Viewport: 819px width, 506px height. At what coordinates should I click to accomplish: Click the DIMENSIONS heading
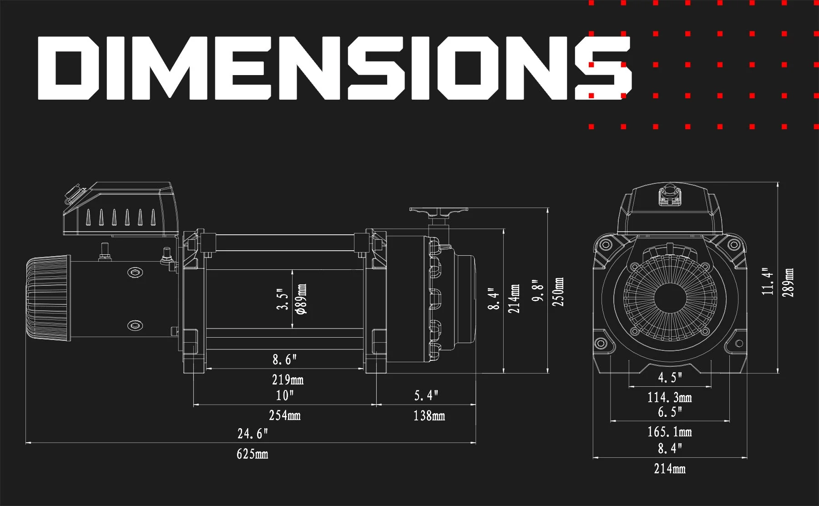[x=334, y=68]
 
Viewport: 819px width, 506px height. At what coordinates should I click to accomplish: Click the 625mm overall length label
[x=253, y=454]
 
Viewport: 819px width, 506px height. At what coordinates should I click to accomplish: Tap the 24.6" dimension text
[x=253, y=433]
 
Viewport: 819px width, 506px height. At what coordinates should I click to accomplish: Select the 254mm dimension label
[x=285, y=415]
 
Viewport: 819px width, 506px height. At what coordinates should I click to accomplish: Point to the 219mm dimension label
[x=288, y=379]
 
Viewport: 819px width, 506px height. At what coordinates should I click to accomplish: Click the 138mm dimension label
[x=429, y=415]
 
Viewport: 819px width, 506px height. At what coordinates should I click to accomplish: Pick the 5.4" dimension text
[x=426, y=395]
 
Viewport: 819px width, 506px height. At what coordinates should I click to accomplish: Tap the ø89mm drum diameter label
[x=301, y=299]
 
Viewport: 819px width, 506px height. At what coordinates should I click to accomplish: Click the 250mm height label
[x=558, y=292]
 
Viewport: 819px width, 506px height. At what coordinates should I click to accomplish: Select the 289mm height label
[x=788, y=283]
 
